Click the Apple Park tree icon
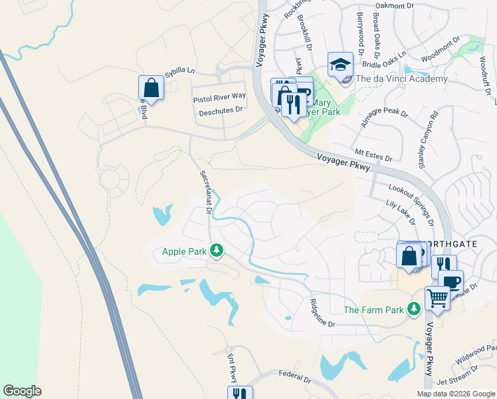[x=216, y=251]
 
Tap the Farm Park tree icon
[x=413, y=309]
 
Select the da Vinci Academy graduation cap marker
[x=340, y=65]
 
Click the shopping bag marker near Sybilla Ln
[x=151, y=88]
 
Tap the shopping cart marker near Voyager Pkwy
[x=437, y=298]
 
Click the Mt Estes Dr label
[x=373, y=155]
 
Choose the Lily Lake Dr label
[x=399, y=215]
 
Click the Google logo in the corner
[x=23, y=391]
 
